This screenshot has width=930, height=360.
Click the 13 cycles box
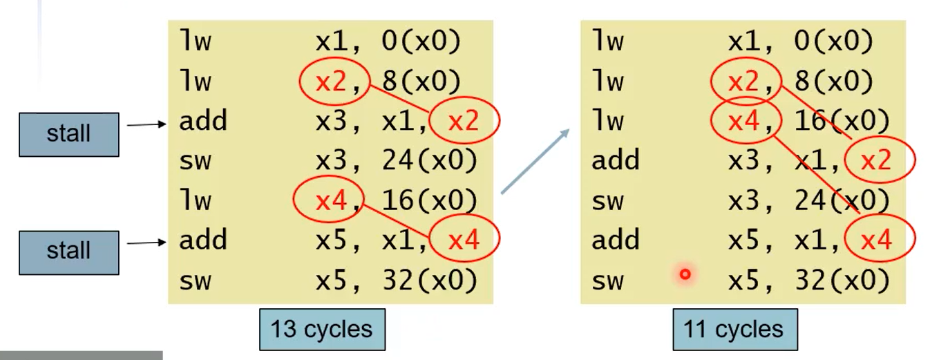322,330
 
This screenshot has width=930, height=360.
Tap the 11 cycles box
734,330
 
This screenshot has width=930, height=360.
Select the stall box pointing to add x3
68,133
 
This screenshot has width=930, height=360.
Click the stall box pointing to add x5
68,250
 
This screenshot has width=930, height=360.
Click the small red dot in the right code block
685,274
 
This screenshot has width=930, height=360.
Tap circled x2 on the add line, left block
464,122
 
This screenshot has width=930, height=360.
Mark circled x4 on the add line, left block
464,240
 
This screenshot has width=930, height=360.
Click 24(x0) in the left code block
429,161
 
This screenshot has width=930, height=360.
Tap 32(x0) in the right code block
841,280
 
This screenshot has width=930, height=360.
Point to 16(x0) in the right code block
841,122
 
